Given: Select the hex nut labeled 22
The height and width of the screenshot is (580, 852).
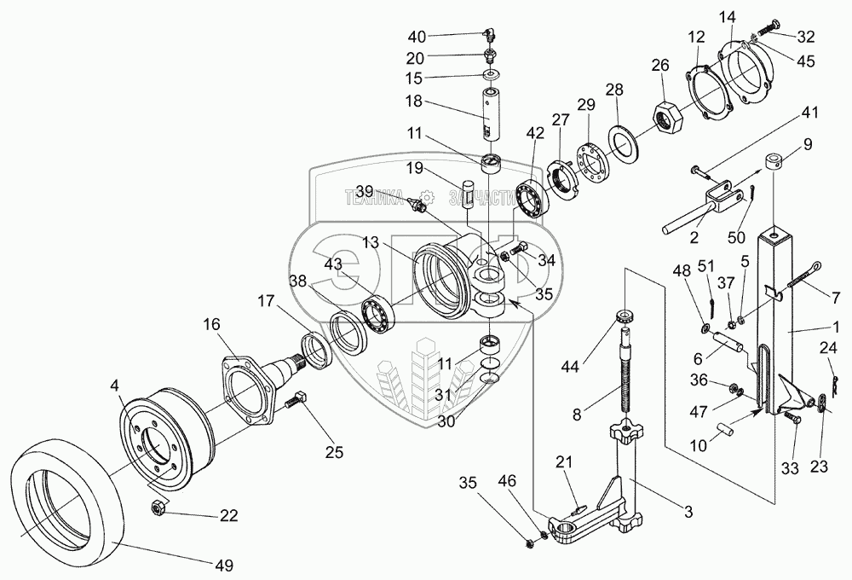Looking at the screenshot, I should (158, 508).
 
